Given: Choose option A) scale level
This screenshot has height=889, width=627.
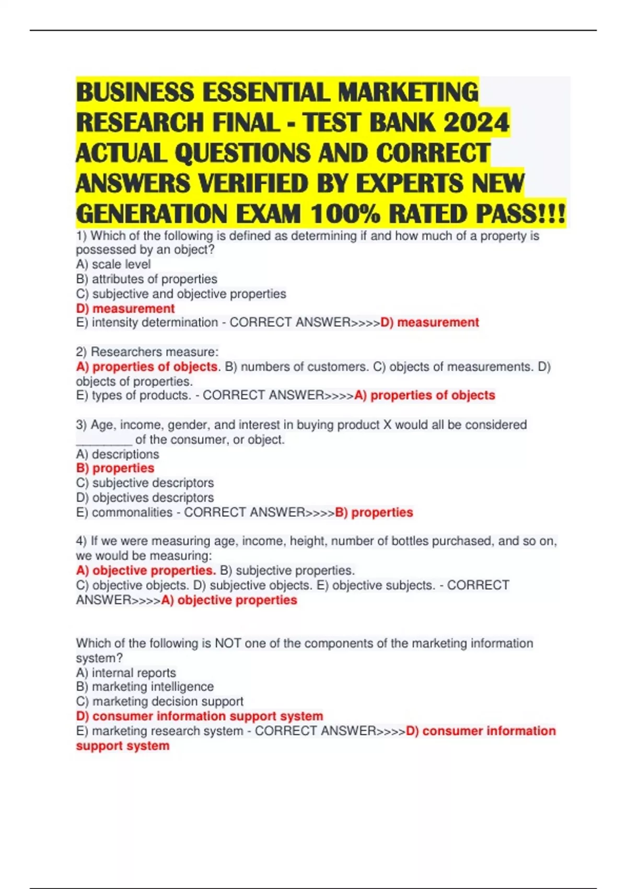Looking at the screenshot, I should pyautogui.click(x=113, y=265).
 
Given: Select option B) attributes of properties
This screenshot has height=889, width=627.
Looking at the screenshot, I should pyautogui.click(x=146, y=279).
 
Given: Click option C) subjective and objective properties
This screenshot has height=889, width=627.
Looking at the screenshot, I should pyautogui.click(x=181, y=294).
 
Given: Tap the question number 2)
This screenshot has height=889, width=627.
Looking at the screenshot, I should pyautogui.click(x=82, y=352).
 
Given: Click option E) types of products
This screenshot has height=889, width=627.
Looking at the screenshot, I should pyautogui.click(x=133, y=395).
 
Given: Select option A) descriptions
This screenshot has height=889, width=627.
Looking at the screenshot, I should pyautogui.click(x=118, y=454).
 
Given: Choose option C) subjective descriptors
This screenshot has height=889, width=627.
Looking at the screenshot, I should pyautogui.click(x=145, y=483).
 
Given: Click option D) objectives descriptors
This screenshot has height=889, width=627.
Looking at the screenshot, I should pyautogui.click(x=145, y=498).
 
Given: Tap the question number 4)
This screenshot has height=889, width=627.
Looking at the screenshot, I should pyautogui.click(x=82, y=541).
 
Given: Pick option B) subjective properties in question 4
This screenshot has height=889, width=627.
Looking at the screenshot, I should pyautogui.click(x=287, y=571).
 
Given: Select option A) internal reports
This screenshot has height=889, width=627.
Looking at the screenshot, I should pyautogui.click(x=126, y=673).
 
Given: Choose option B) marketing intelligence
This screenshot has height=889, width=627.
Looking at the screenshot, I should pyautogui.click(x=145, y=687).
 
